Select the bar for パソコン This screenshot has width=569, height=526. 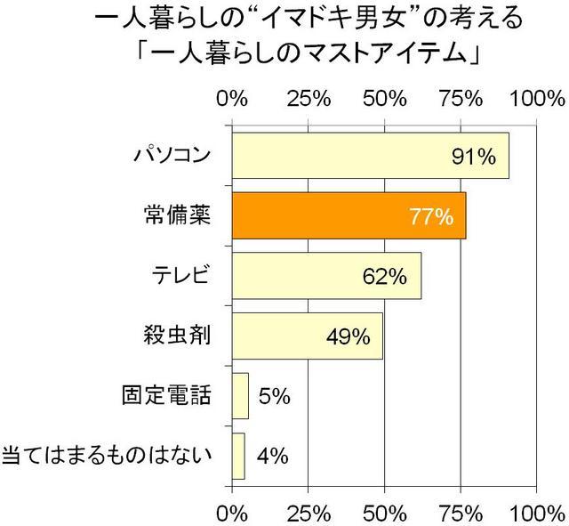(370, 157)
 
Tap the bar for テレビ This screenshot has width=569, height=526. (326, 276)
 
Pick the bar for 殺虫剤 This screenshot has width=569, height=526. (307, 336)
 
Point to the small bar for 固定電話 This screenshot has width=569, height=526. (240, 395)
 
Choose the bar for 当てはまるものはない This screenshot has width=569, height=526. (238, 456)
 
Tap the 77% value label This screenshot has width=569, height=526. (430, 217)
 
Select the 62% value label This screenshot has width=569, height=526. (385, 277)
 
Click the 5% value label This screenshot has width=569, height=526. (275, 396)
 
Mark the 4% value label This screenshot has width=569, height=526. (270, 457)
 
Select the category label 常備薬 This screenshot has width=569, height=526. (176, 216)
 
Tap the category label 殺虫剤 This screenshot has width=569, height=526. (176, 336)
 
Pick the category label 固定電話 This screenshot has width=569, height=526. (166, 395)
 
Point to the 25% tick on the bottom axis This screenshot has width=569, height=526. (308, 514)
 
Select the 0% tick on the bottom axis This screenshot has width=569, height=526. (232, 514)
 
